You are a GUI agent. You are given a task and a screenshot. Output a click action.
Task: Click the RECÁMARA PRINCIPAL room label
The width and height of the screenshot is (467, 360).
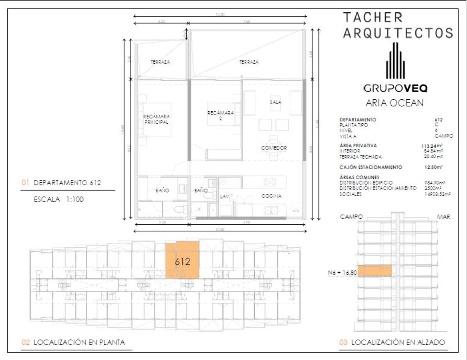click(156, 120)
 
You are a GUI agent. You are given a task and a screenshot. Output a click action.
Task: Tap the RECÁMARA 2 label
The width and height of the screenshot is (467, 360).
click(220, 115)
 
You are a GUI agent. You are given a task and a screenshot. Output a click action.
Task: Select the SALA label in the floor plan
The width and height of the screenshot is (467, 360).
click(275, 102)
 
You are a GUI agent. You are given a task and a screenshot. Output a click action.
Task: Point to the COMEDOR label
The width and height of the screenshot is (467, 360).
click(274, 148)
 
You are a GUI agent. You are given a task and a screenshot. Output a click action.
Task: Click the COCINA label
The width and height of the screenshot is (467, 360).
click(271, 196)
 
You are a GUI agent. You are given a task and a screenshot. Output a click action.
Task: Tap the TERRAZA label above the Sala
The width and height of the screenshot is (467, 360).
click(249, 62)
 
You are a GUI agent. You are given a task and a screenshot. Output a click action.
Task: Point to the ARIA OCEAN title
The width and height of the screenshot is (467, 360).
click(394, 103)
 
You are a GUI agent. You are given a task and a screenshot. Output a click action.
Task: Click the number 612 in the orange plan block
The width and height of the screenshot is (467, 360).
click(183, 261)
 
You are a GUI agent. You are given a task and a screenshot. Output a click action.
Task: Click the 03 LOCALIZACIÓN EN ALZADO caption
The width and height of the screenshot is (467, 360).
click(392, 342)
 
